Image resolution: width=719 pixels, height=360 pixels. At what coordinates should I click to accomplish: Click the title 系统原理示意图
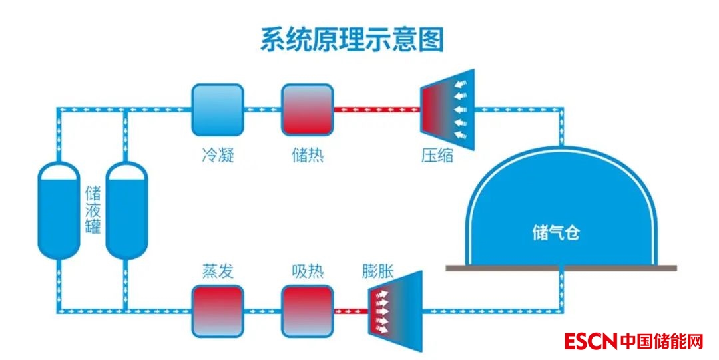point(352,40)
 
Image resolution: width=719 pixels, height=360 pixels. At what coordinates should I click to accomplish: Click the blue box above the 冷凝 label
point(218,109)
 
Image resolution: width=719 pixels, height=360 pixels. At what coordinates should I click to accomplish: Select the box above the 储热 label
point(307,109)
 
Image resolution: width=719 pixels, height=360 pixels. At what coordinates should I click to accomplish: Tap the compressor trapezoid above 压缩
point(447,108)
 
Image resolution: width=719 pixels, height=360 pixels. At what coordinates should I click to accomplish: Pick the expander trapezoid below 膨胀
point(395,311)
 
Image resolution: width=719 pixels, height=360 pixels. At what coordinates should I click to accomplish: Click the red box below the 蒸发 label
point(218,311)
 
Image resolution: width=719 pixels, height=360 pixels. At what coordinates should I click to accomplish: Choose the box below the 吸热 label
point(307,311)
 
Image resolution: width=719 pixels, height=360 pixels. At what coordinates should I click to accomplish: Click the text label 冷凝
point(218,156)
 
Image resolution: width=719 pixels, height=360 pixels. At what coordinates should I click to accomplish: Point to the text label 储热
point(308,156)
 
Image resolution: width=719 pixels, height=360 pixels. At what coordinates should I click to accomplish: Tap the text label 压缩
point(437,156)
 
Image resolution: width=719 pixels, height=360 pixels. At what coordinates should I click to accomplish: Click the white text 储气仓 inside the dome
point(557,232)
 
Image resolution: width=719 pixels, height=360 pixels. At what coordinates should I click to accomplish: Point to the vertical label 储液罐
point(93,209)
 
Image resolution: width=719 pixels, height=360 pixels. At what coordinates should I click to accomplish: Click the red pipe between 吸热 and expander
point(350,311)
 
